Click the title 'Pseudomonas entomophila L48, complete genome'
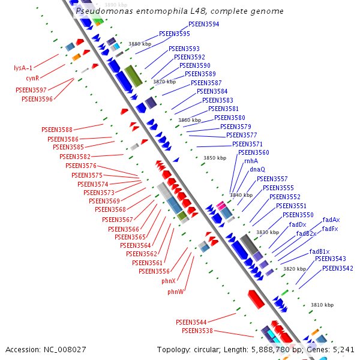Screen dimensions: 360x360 point(180,11)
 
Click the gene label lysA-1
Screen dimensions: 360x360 point(23,68)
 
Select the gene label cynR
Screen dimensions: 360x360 point(32,78)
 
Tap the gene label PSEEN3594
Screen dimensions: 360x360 point(203,25)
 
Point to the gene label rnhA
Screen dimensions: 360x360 point(251,161)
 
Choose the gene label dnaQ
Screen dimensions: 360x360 point(257,170)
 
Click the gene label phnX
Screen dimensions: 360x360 point(169,281)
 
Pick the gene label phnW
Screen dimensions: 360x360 point(176,292)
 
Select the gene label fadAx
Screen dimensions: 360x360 point(331,220)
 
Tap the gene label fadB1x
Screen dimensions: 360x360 point(319,251)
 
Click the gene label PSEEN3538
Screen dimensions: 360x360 point(197,331)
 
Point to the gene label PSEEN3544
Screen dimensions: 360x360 point(191,322)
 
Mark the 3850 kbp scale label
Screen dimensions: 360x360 point(215,158)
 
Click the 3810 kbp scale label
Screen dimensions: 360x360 point(322,305)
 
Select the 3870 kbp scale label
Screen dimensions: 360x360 point(164,82)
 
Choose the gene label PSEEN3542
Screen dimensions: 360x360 point(337,268)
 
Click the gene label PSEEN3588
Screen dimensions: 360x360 point(57,130)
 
